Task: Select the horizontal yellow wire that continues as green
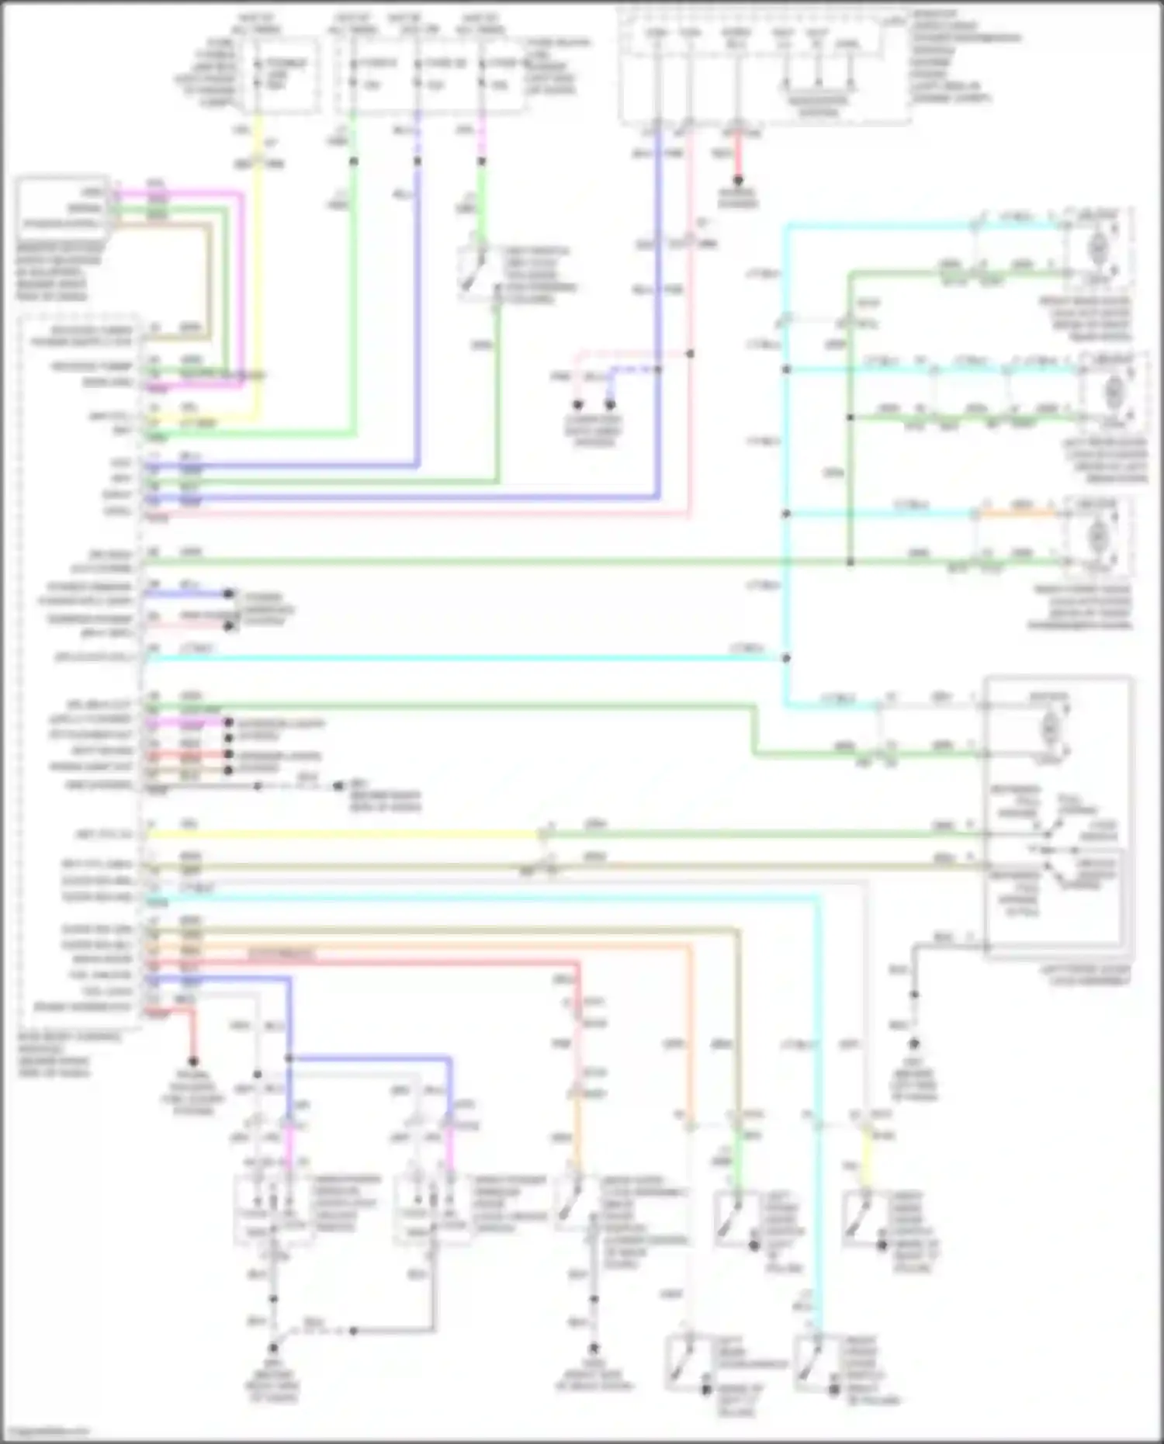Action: [x=341, y=835]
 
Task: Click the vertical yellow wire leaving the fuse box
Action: [x=258, y=272]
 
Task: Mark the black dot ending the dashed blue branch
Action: [x=610, y=404]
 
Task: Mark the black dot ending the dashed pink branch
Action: [x=577, y=404]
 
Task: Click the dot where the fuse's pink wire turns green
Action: [x=481, y=161]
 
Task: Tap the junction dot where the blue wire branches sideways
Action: [x=289, y=1058]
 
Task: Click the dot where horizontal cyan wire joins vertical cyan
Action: [x=786, y=658]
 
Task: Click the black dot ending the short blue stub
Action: [x=229, y=594]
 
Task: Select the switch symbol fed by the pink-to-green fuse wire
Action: [x=476, y=272]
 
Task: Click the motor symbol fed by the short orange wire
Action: [x=1097, y=535]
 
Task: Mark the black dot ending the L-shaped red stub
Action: [x=192, y=1061]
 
